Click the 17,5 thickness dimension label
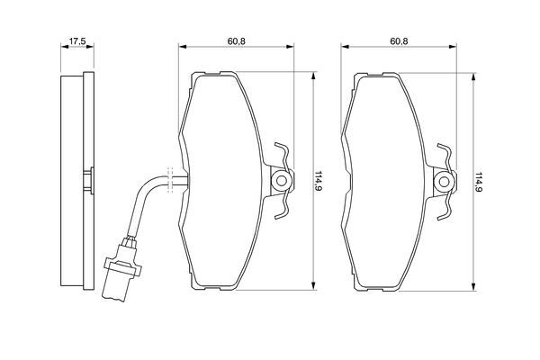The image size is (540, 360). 77,41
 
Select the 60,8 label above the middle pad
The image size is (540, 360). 236,41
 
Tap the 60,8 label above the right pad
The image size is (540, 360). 399,41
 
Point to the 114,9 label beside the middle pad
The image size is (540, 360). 318,181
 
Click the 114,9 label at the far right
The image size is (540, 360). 479,181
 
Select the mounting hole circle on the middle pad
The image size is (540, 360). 282,181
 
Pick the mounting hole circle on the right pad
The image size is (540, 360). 444,181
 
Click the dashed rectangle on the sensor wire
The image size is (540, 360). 169,180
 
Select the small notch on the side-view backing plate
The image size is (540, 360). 89,181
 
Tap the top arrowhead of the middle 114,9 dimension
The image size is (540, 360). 313,76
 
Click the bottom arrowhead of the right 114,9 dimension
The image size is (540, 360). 474,286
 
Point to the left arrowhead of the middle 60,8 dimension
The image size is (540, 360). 183,47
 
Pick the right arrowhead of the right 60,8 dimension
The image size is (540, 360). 453,47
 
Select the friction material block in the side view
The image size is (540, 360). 72,181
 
